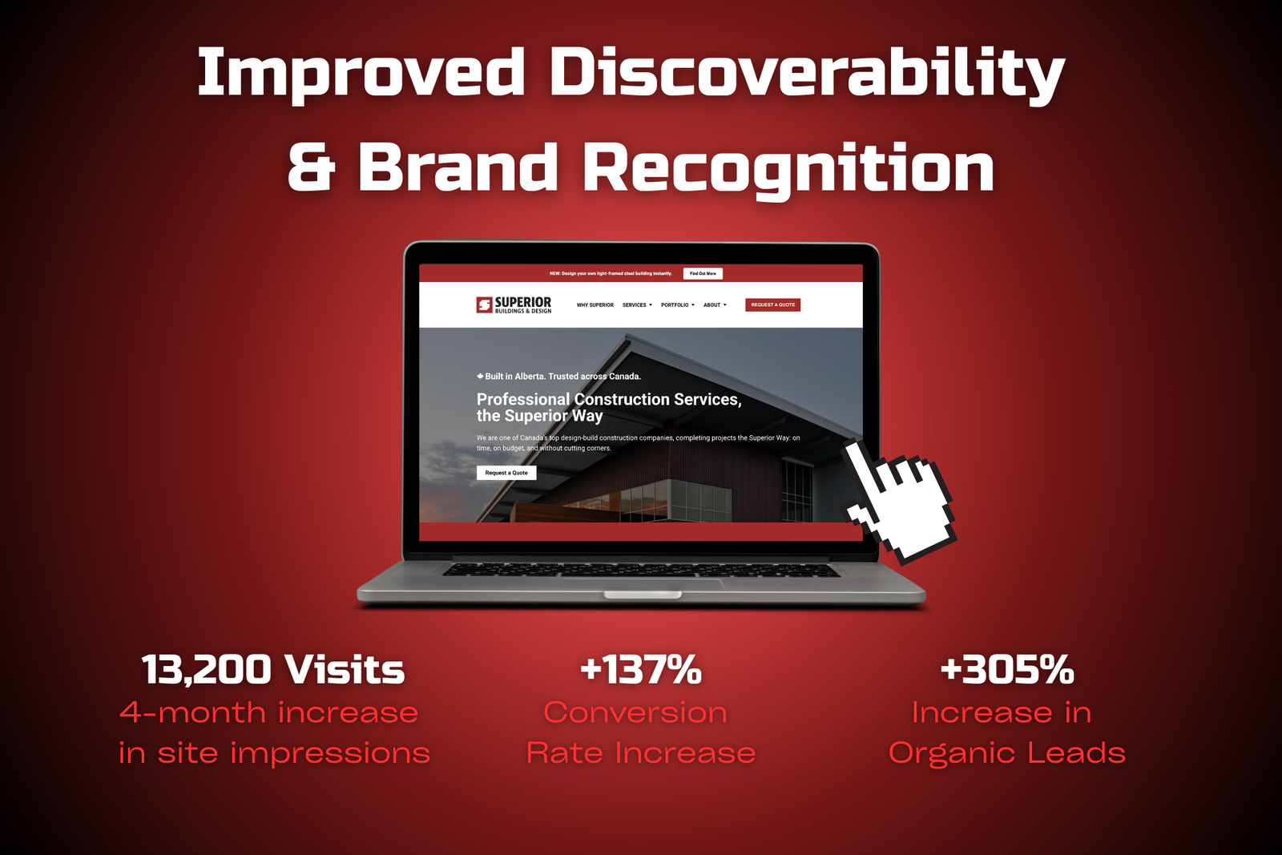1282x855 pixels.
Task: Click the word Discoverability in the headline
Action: [x=807, y=72]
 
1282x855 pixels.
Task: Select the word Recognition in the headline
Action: [x=788, y=169]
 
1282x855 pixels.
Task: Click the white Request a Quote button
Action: [x=506, y=473]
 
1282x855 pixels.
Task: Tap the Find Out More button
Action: [x=703, y=273]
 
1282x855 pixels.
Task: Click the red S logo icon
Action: [x=484, y=305]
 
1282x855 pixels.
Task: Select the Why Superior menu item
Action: [x=595, y=305]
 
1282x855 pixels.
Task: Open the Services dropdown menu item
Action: [x=637, y=305]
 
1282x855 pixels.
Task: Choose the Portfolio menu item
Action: [x=678, y=305]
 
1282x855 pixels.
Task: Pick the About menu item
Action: [x=715, y=305]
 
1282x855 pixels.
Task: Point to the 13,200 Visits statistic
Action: [x=273, y=670]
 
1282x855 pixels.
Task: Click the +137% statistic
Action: [x=641, y=669]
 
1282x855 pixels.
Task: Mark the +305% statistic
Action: [x=1007, y=669]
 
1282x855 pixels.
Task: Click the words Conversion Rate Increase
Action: [x=641, y=732]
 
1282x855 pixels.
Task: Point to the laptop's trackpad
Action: [x=642, y=583]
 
